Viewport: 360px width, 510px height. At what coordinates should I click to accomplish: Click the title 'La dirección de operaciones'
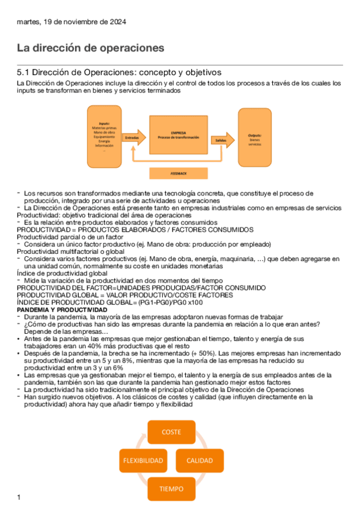(x=90, y=48)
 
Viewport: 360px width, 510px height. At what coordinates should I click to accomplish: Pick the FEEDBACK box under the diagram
(x=179, y=173)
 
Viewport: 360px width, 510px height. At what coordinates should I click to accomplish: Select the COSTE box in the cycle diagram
(x=171, y=431)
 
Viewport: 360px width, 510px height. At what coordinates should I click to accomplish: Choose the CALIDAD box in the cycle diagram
(x=200, y=461)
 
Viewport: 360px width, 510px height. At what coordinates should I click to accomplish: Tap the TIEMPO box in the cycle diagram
(x=171, y=488)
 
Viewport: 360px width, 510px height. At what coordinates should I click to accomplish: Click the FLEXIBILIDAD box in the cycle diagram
(x=143, y=461)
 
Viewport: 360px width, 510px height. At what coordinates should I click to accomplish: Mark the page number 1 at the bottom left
(x=19, y=497)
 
